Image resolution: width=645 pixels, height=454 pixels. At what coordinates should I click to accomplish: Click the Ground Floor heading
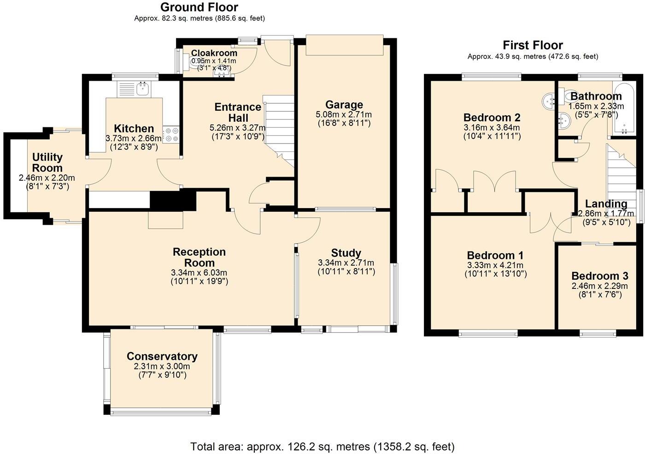(x=199, y=7)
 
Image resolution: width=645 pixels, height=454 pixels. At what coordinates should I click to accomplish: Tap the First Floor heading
(x=533, y=45)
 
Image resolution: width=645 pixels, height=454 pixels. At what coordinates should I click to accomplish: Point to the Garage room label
(x=344, y=105)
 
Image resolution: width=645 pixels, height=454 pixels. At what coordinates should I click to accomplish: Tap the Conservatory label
(x=162, y=356)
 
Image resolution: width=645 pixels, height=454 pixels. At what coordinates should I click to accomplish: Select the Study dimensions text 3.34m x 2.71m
(x=346, y=263)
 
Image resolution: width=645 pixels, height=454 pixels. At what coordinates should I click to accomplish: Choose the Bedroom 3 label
(x=599, y=276)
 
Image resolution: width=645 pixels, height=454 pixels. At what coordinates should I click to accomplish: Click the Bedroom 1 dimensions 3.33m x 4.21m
(x=495, y=265)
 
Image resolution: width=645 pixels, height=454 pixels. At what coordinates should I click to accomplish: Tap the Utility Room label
(x=47, y=162)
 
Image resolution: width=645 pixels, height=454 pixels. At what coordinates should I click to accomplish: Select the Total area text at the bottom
(x=322, y=447)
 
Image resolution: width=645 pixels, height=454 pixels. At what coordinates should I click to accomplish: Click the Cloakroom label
(x=214, y=53)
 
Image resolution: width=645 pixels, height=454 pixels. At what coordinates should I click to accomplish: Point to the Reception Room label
(x=199, y=257)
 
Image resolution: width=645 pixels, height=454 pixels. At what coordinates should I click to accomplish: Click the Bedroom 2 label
(x=492, y=117)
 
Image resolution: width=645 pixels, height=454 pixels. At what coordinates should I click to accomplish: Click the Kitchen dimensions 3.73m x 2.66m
(x=134, y=138)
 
